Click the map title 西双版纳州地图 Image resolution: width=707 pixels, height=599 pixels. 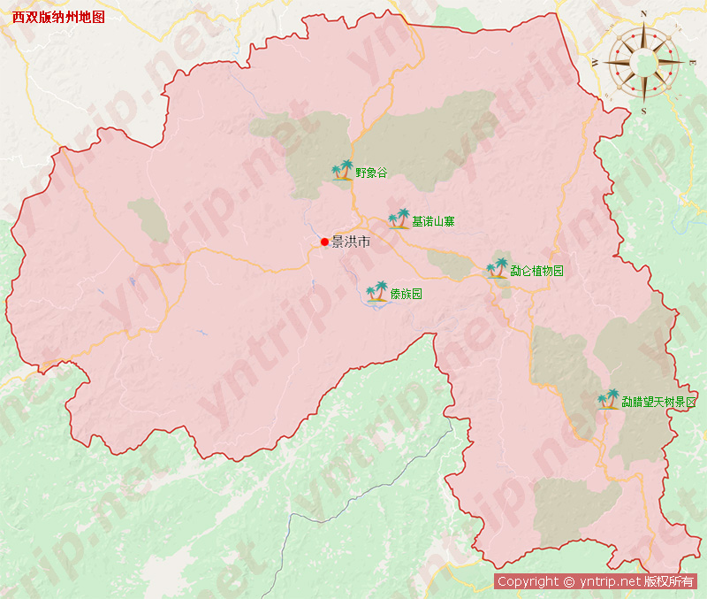pyautogui.click(x=58, y=17)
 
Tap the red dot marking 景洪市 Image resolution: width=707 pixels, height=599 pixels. pyautogui.click(x=324, y=242)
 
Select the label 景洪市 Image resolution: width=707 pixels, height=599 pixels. pyautogui.click(x=351, y=242)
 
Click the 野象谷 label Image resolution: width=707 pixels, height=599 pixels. pyautogui.click(x=371, y=173)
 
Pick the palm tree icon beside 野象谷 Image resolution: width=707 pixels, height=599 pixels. pyautogui.click(x=342, y=170)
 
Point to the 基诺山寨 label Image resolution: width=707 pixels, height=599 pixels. pyautogui.click(x=434, y=221)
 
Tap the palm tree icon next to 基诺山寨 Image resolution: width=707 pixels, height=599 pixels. pyautogui.click(x=399, y=219)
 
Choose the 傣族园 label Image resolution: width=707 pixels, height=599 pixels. pyautogui.click(x=406, y=294)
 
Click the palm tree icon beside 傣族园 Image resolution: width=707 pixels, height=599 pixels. pyautogui.click(x=377, y=291)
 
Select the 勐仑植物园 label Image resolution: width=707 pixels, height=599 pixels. pyautogui.click(x=536, y=271)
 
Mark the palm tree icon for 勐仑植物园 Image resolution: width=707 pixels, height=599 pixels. pyautogui.click(x=498, y=268)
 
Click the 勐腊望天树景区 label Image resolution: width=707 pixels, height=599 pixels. pyautogui.click(x=658, y=402)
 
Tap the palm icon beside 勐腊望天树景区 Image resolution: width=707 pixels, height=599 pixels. pyautogui.click(x=608, y=400)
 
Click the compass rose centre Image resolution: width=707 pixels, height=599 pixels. pyautogui.click(x=643, y=62)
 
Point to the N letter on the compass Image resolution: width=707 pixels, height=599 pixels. pyautogui.click(x=643, y=13)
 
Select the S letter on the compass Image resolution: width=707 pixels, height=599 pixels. pyautogui.click(x=643, y=111)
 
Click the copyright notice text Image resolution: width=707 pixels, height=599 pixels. pyautogui.click(x=596, y=581)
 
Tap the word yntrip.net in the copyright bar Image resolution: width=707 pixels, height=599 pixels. pyautogui.click(x=609, y=581)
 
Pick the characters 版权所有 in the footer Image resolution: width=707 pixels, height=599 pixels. pyautogui.click(x=669, y=581)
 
